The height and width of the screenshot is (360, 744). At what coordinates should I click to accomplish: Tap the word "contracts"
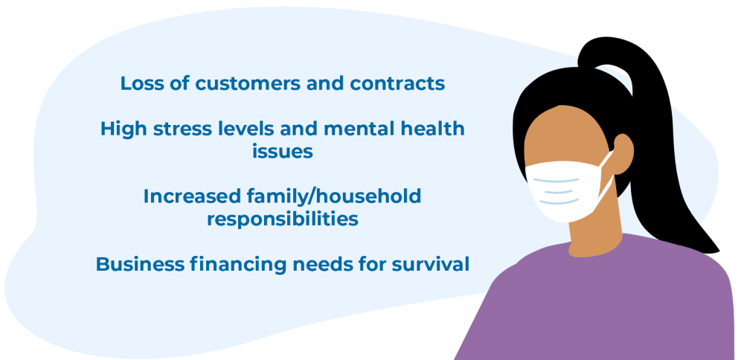coord(397,84)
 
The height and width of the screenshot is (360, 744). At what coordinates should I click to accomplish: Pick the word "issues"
coord(282,151)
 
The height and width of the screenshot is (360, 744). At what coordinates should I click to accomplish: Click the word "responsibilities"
coord(282,219)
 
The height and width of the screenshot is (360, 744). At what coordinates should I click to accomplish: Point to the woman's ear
coord(623,152)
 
